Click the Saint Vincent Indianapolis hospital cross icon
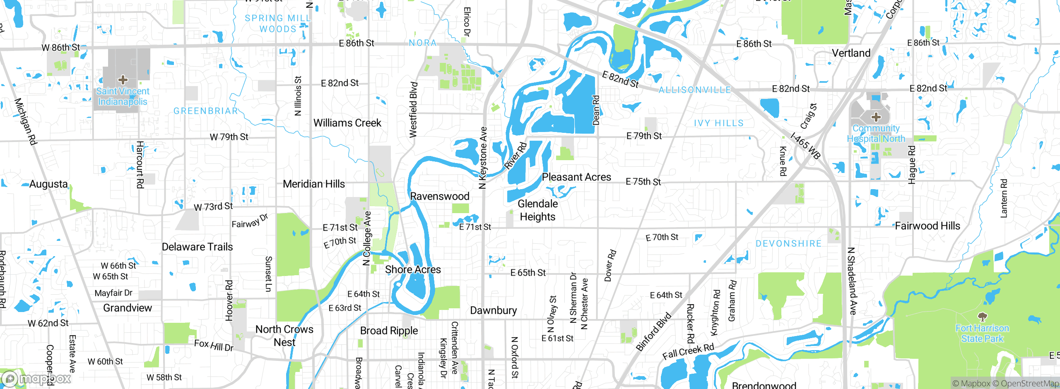(x=123, y=79)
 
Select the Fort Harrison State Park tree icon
(x=982, y=317)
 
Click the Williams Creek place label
(x=347, y=123)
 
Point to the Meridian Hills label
(x=313, y=184)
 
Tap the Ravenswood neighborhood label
(x=439, y=196)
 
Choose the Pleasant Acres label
(x=576, y=177)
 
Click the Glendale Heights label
(x=537, y=210)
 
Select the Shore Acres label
(x=413, y=269)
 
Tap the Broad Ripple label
(x=389, y=331)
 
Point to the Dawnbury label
(x=493, y=310)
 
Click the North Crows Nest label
(x=284, y=336)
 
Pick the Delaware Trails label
(x=197, y=247)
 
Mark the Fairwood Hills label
(x=927, y=226)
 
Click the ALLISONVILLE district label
(x=694, y=90)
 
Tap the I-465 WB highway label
(x=805, y=146)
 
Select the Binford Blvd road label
(x=653, y=332)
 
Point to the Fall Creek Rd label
(x=688, y=352)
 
